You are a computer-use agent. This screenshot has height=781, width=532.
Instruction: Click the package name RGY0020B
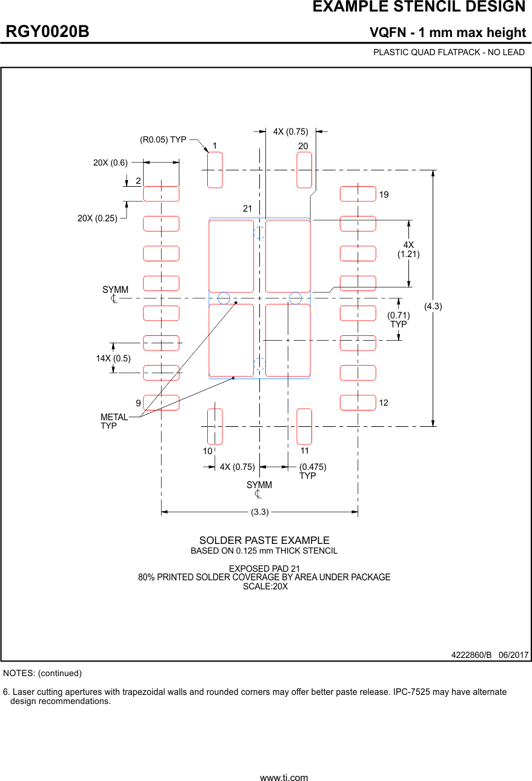47,32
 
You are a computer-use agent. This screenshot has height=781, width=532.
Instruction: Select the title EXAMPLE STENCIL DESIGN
419,7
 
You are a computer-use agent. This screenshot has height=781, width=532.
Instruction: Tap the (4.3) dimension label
433,307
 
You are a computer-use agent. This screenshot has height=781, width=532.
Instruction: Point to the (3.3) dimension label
259,512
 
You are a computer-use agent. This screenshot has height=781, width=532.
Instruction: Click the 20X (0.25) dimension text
97,218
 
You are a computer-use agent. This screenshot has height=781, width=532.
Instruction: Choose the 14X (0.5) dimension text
113,358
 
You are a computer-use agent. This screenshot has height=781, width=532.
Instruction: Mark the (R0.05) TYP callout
163,139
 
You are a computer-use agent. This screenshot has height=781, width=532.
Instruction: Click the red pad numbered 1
215,170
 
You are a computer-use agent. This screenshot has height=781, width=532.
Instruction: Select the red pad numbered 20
304,170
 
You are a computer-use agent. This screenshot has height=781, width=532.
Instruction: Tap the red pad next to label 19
357,194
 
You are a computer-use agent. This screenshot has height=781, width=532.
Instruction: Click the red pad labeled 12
357,403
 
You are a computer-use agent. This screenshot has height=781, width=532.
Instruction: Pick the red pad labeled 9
161,403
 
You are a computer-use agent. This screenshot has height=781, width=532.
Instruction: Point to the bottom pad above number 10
215,426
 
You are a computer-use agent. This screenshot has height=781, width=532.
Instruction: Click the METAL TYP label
114,421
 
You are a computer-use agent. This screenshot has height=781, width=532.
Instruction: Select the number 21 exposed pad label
247,209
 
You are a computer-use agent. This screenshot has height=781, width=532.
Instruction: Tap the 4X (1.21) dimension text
408,249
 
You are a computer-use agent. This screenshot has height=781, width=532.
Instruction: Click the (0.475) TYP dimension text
313,471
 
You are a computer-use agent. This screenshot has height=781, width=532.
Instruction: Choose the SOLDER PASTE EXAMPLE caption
264,540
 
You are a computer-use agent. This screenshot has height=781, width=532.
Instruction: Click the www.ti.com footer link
284,777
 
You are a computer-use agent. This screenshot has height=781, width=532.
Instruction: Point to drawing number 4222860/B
471,655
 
